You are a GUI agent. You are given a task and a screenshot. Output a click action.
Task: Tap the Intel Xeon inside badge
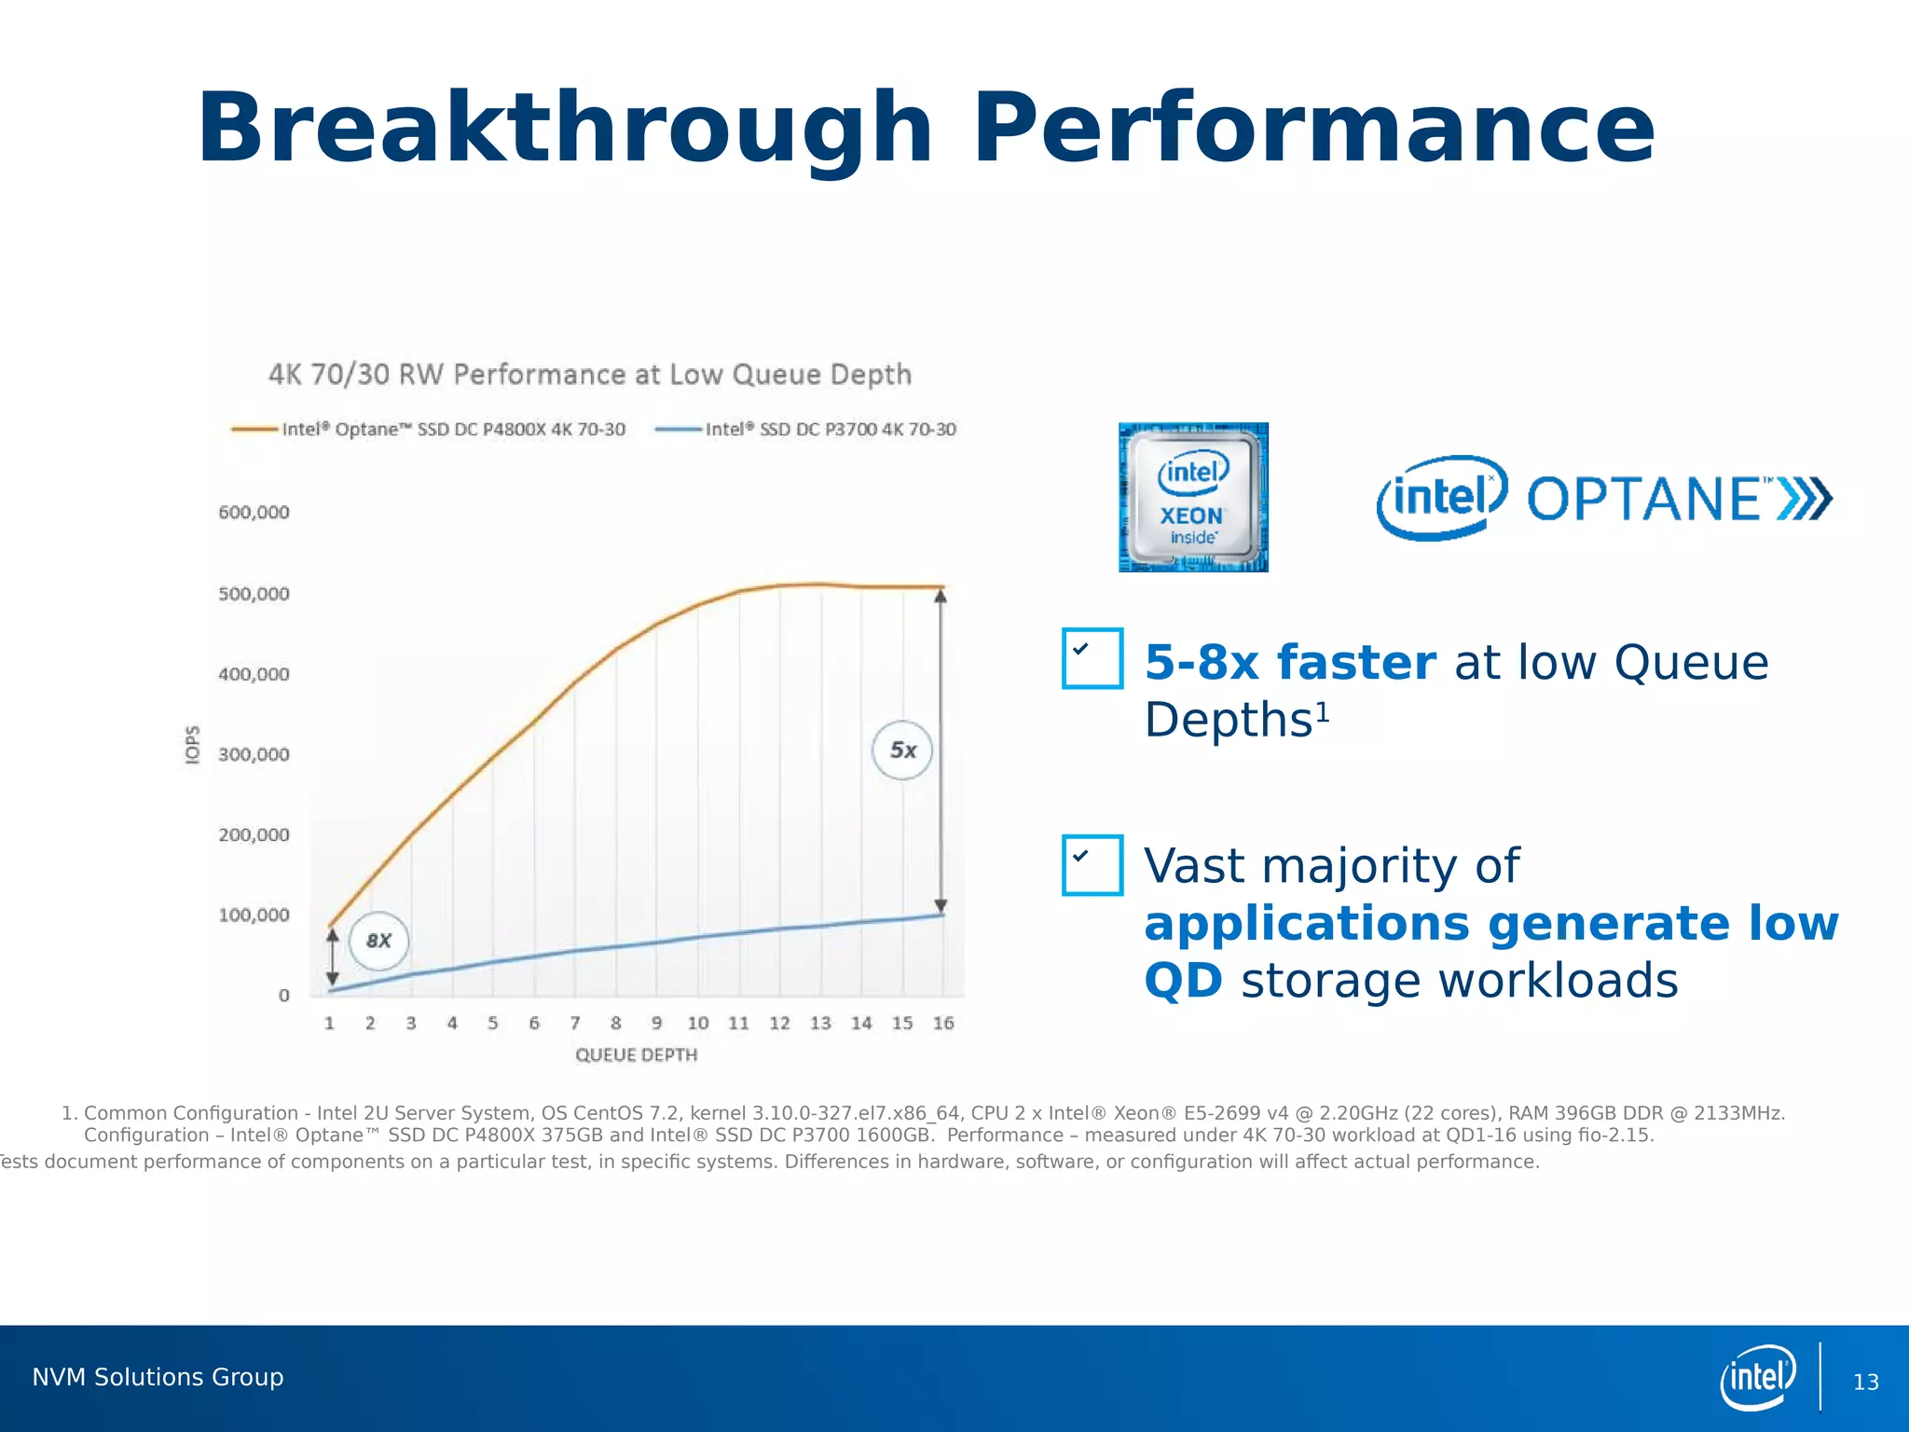point(1192,497)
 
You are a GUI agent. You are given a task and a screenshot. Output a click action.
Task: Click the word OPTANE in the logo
point(1643,499)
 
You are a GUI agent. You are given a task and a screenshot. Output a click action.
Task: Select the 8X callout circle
point(378,941)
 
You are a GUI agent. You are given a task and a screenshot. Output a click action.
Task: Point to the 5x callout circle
point(901,750)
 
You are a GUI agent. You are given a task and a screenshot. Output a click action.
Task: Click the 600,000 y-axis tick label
point(254,512)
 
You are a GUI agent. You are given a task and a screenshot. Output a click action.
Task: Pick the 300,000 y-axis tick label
point(254,754)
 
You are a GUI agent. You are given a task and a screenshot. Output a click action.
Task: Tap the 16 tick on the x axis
point(942,1023)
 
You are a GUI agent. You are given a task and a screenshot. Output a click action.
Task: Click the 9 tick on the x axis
point(656,1023)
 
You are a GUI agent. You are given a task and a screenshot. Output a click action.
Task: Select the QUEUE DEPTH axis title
point(636,1054)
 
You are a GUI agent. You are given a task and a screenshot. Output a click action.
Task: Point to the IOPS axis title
point(192,745)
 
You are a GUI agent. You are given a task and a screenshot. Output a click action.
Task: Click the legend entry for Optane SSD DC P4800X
point(429,429)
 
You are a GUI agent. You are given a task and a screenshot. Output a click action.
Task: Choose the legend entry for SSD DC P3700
point(806,429)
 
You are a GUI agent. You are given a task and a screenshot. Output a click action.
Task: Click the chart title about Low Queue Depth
point(589,375)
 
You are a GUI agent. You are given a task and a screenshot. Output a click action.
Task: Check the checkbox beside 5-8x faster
point(1092,658)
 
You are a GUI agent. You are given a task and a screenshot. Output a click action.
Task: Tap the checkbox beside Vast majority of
point(1092,864)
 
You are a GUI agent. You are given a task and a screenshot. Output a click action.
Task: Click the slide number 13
point(1865,1382)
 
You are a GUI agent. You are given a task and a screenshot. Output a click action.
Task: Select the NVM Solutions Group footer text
point(158,1377)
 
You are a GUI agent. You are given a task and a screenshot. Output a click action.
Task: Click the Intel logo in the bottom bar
point(1757,1377)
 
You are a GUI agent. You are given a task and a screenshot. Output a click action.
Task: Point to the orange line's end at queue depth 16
point(942,587)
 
